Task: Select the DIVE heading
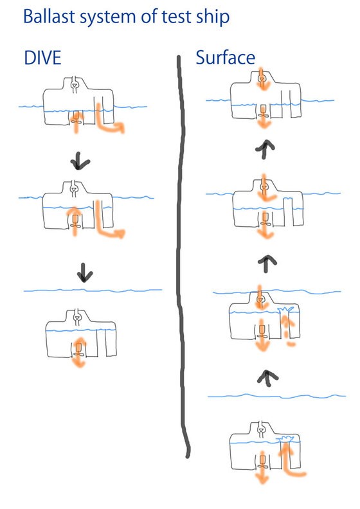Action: pyautogui.click(x=42, y=58)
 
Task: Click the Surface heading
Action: pyautogui.click(x=225, y=57)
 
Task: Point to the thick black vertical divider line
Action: pyautogui.click(x=182, y=256)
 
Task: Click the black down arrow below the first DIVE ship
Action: pyautogui.click(x=80, y=161)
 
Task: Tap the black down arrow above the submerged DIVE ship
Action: pyautogui.click(x=85, y=272)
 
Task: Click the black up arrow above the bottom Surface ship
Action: pyautogui.click(x=267, y=378)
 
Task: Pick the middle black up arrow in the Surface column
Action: pyautogui.click(x=267, y=263)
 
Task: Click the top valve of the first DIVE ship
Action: pyautogui.click(x=75, y=85)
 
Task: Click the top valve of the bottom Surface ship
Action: pyautogui.click(x=261, y=430)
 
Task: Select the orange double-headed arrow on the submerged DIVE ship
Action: pyautogui.click(x=78, y=352)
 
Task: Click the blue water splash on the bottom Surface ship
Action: pyautogui.click(x=285, y=438)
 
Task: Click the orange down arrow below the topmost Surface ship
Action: pyautogui.click(x=264, y=120)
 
